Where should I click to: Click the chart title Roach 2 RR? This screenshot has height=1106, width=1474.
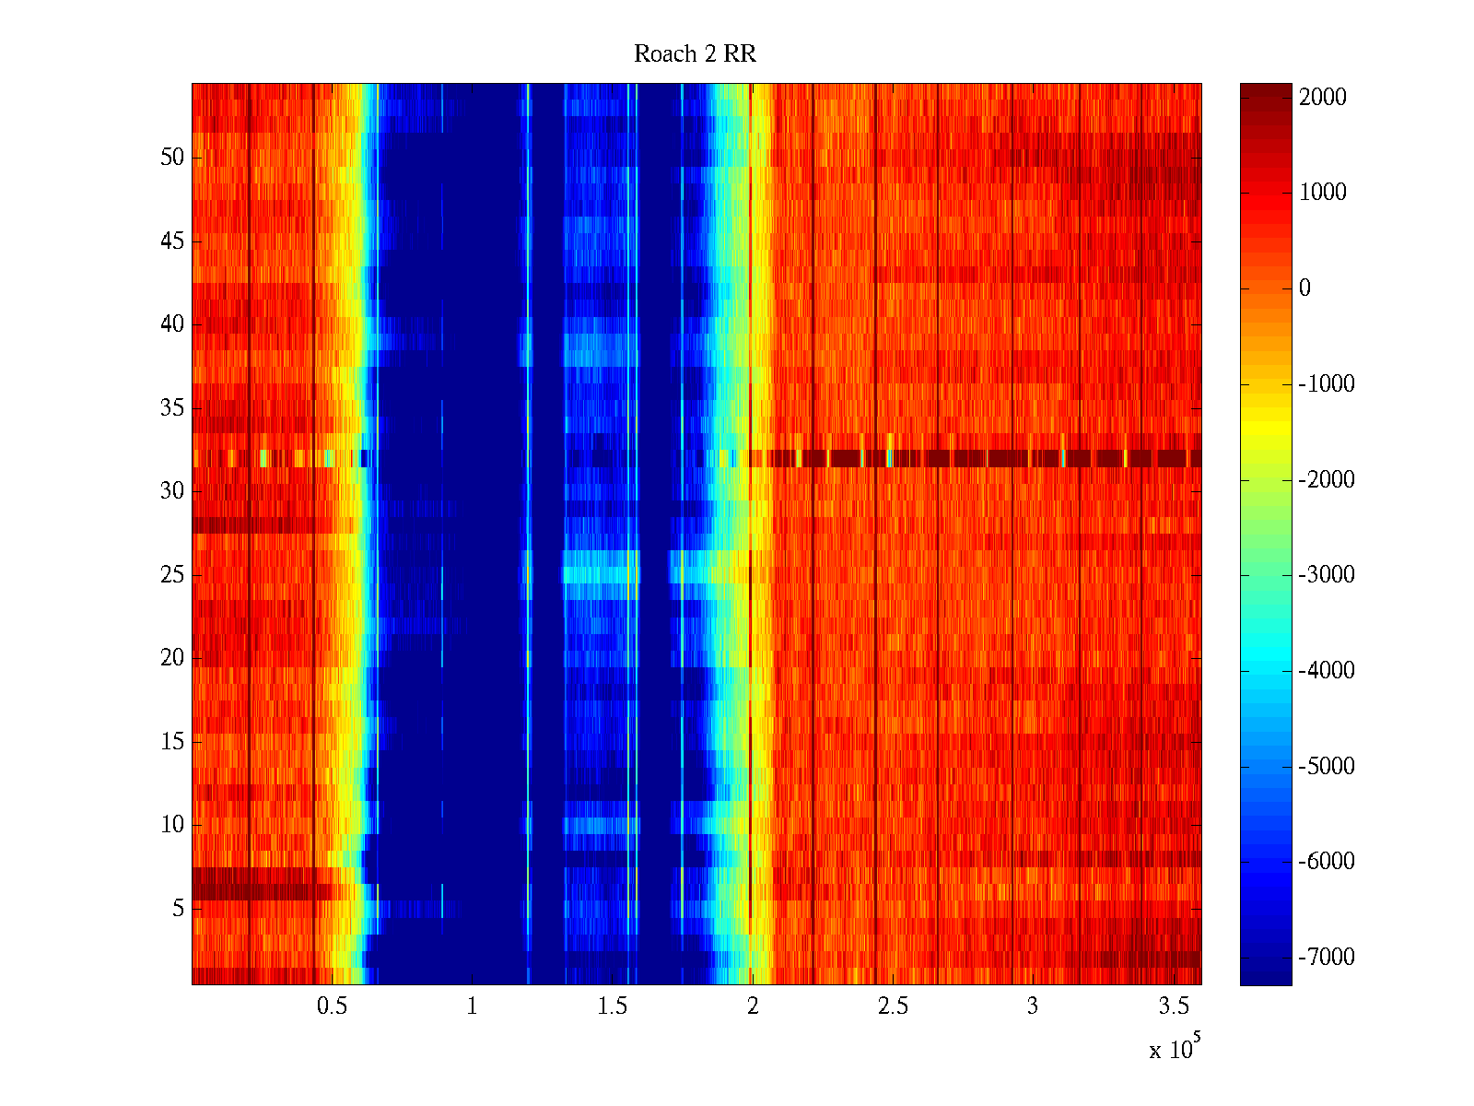(x=695, y=54)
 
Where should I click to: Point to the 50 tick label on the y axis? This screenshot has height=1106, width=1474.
(x=172, y=158)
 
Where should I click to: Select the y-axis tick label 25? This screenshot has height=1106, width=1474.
(x=172, y=575)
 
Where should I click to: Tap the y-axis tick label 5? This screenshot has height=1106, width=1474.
(x=178, y=909)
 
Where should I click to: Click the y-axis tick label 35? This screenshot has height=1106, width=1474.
(x=172, y=408)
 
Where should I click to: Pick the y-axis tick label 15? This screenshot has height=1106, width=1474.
(x=172, y=742)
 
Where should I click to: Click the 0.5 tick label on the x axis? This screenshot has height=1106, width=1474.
(x=332, y=1006)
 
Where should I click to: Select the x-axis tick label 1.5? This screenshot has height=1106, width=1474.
(x=612, y=1006)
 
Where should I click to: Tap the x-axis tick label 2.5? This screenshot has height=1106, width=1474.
(x=892, y=1006)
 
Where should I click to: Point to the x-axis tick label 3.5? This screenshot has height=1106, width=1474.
(x=1173, y=1006)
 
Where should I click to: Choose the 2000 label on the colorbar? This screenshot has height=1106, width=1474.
(x=1322, y=97)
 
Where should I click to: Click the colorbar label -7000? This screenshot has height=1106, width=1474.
(x=1326, y=958)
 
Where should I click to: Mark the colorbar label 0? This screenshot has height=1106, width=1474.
(x=1304, y=288)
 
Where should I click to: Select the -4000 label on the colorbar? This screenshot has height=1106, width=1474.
(x=1326, y=671)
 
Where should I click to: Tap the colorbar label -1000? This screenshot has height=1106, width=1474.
(x=1326, y=384)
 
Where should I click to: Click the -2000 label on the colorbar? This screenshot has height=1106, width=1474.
(x=1326, y=479)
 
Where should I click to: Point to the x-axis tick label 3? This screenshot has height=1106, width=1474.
(x=1033, y=1006)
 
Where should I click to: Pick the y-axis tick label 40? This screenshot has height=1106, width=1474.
(x=172, y=324)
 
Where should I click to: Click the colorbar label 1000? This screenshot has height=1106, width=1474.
(x=1322, y=193)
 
